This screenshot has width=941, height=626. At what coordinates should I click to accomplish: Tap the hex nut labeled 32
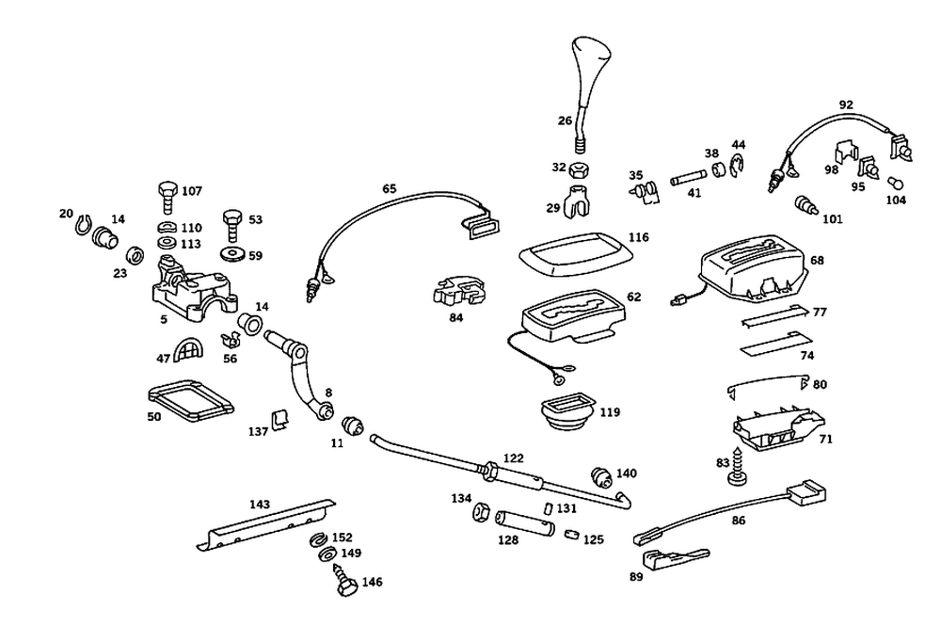click(579, 169)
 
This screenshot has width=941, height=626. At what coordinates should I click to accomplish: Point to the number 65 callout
click(390, 188)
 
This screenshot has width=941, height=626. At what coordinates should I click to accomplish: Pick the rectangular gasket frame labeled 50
click(190, 400)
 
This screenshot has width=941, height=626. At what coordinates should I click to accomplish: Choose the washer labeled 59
click(232, 254)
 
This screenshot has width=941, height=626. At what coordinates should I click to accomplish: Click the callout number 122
click(513, 457)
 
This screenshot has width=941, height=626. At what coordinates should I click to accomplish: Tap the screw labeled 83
click(738, 468)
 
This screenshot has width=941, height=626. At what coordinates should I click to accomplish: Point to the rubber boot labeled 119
click(566, 411)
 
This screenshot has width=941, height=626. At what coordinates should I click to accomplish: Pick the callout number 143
click(260, 505)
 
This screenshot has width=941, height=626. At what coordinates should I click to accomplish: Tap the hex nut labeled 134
click(481, 512)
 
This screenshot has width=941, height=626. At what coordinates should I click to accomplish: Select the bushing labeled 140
click(601, 478)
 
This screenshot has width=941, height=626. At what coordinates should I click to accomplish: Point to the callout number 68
click(817, 260)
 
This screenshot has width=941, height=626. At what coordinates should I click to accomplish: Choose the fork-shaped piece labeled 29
click(579, 201)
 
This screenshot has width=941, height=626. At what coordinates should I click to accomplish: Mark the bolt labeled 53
click(232, 225)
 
